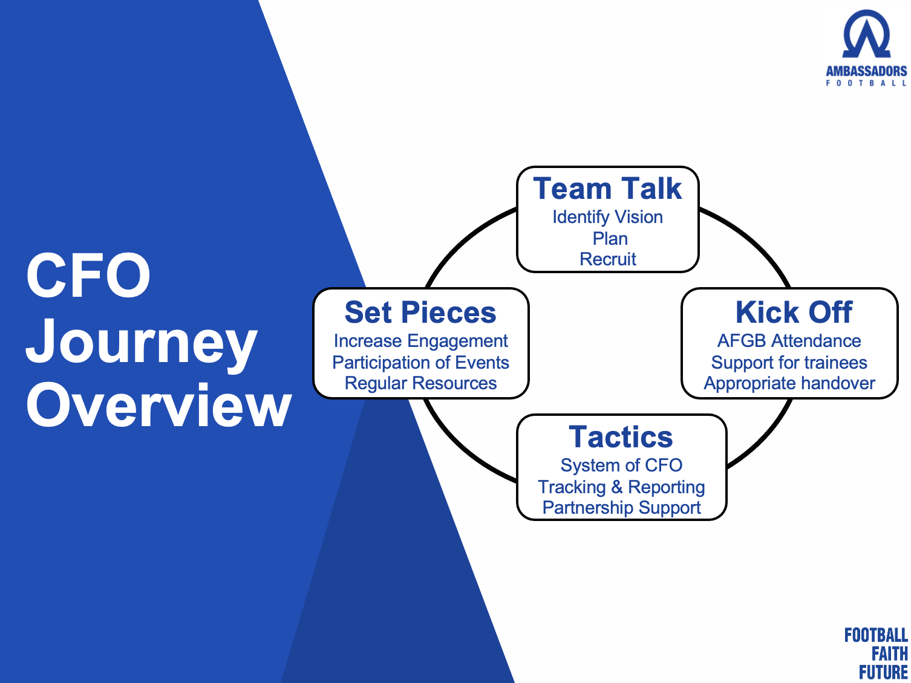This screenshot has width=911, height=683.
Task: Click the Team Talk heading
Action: click(607, 189)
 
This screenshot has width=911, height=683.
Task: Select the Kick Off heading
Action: click(794, 312)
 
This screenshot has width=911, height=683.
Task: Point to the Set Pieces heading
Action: click(420, 312)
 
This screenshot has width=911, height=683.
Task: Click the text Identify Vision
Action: click(607, 217)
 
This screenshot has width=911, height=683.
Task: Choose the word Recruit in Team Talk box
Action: click(607, 259)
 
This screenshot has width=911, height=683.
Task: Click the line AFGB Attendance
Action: click(789, 341)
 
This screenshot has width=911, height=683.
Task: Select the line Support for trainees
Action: click(789, 363)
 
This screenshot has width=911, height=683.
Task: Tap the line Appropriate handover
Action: click(789, 384)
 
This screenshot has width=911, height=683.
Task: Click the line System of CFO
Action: click(621, 465)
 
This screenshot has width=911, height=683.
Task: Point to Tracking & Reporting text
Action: click(621, 487)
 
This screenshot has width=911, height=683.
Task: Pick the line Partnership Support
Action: click(621, 508)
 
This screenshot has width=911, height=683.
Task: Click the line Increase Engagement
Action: click(420, 341)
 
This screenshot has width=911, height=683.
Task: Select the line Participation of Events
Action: click(420, 363)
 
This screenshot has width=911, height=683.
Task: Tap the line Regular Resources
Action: click(420, 384)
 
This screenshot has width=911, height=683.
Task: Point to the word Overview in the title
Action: click(159, 405)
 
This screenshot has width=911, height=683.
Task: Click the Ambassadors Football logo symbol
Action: click(866, 34)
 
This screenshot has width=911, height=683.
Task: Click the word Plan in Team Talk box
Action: click(610, 239)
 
